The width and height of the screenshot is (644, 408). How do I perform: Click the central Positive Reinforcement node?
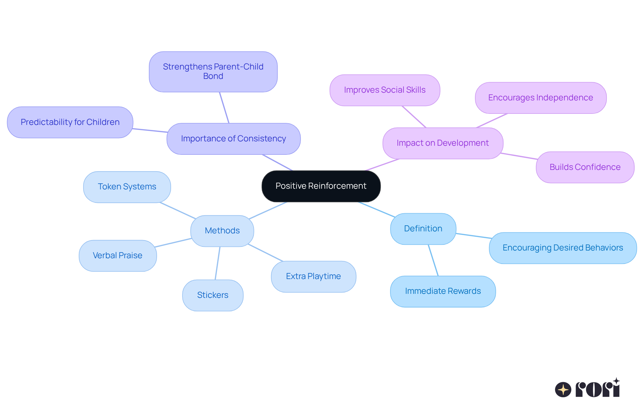[x=321, y=186]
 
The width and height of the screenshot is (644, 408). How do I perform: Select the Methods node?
[x=222, y=231]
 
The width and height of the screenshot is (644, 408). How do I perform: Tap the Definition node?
[x=423, y=229]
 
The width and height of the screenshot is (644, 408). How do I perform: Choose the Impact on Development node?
[x=442, y=143]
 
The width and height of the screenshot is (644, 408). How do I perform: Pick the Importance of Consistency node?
[x=233, y=139]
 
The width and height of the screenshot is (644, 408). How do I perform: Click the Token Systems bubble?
[x=127, y=187]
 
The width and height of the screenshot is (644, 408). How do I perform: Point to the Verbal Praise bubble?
[x=117, y=256]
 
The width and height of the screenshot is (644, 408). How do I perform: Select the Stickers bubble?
[x=213, y=295]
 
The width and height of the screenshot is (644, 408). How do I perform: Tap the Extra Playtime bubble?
[x=313, y=276]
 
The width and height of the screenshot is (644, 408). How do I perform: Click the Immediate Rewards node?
[x=443, y=291]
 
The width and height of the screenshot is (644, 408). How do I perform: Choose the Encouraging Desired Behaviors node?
[x=562, y=248]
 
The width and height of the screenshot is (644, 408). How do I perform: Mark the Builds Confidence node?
[x=585, y=167]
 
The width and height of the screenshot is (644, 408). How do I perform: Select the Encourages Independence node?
[x=540, y=98]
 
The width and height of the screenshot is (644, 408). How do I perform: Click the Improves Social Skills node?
[x=385, y=90]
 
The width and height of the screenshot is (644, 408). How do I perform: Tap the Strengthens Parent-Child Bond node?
[x=213, y=67]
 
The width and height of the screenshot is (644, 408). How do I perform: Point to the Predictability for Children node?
[x=70, y=122]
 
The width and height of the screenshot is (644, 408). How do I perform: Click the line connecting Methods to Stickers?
[x=217, y=264]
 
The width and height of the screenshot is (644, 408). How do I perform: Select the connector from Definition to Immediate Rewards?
[x=433, y=261]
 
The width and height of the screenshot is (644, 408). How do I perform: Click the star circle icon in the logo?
[x=563, y=390]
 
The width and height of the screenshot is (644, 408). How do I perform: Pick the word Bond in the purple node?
[x=213, y=76]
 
